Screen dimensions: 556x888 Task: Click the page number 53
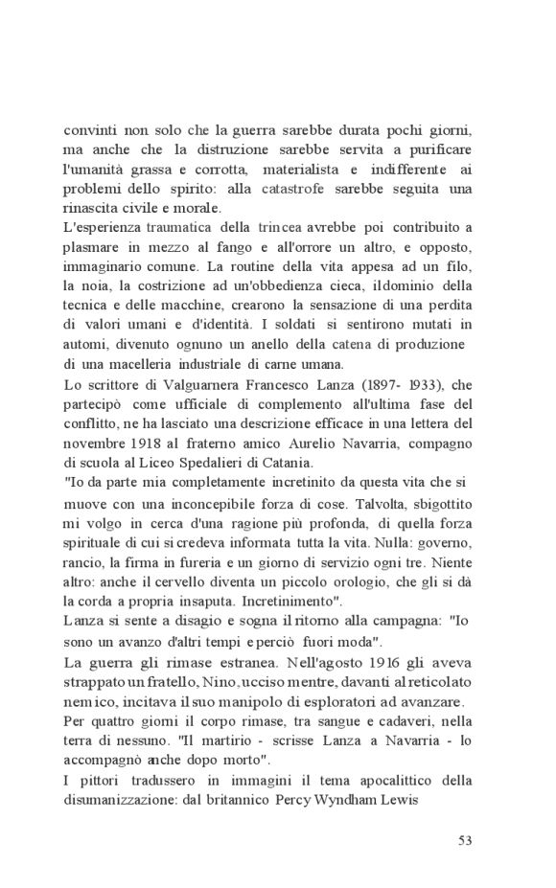coord(465,840)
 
